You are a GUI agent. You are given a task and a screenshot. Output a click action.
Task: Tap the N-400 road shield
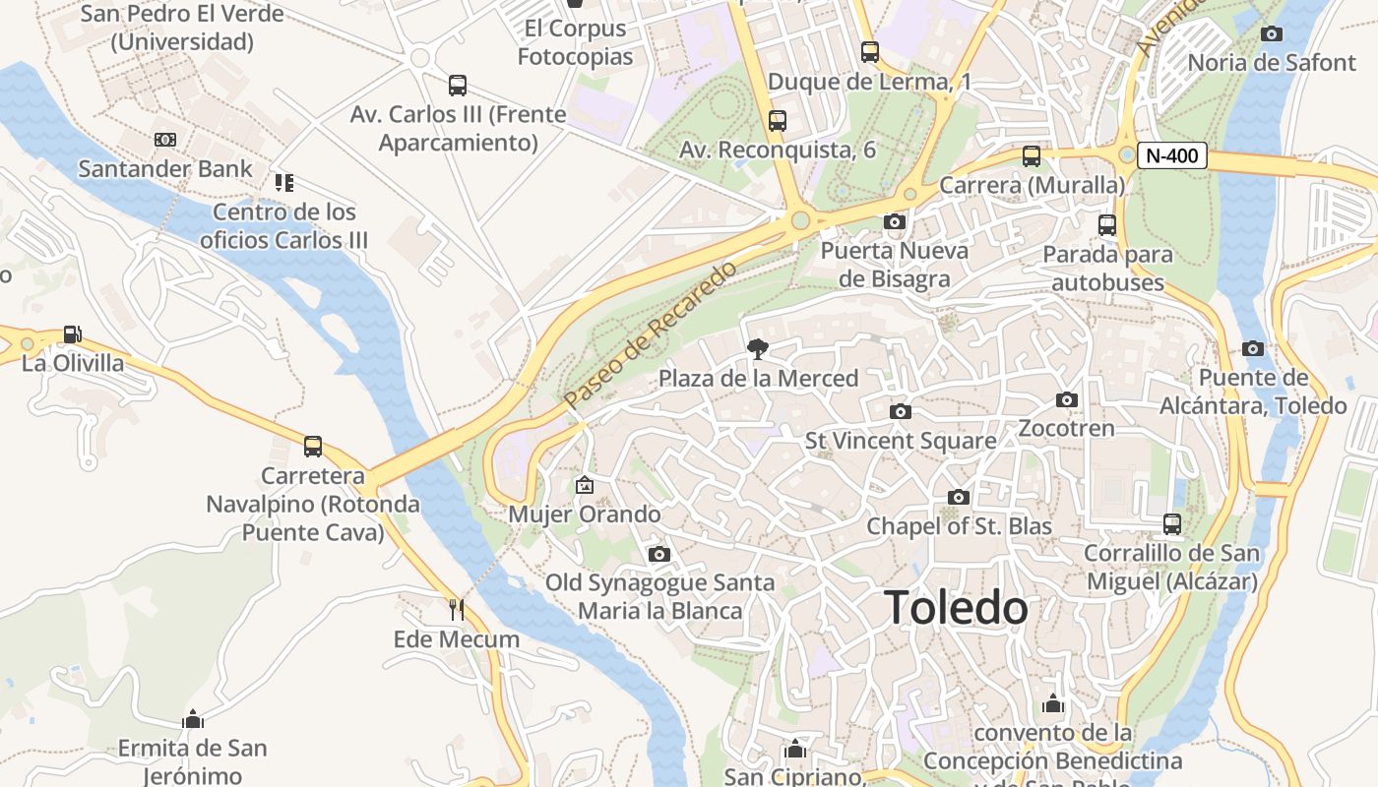[1172, 154]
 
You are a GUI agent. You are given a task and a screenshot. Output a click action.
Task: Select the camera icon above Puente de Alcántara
[1253, 348]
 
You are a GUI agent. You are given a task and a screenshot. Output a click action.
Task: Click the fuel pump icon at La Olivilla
[72, 334]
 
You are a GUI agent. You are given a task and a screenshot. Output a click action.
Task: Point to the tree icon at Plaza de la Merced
[757, 348]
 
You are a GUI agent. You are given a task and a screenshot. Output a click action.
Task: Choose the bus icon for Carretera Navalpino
[312, 447]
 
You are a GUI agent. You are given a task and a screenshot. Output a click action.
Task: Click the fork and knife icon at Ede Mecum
[456, 610]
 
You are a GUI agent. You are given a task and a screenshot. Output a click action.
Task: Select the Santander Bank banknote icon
[165, 140]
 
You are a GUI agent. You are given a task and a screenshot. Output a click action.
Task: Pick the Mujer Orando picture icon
[585, 485]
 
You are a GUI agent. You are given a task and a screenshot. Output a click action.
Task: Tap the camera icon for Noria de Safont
[1272, 34]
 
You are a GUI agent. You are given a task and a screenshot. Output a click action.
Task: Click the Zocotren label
[1066, 429]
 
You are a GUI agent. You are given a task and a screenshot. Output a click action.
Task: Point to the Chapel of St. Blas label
[959, 526]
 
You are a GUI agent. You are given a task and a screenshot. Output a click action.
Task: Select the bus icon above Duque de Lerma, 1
[869, 52]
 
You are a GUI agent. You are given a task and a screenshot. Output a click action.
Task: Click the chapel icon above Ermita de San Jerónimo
[193, 718]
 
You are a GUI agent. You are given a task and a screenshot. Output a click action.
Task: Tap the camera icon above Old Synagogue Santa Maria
[659, 555]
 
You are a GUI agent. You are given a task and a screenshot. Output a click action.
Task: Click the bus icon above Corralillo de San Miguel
[1171, 523]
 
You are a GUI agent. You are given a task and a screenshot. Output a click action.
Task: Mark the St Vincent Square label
[901, 441]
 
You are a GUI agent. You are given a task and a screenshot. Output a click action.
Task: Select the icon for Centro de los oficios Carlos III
[284, 183]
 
